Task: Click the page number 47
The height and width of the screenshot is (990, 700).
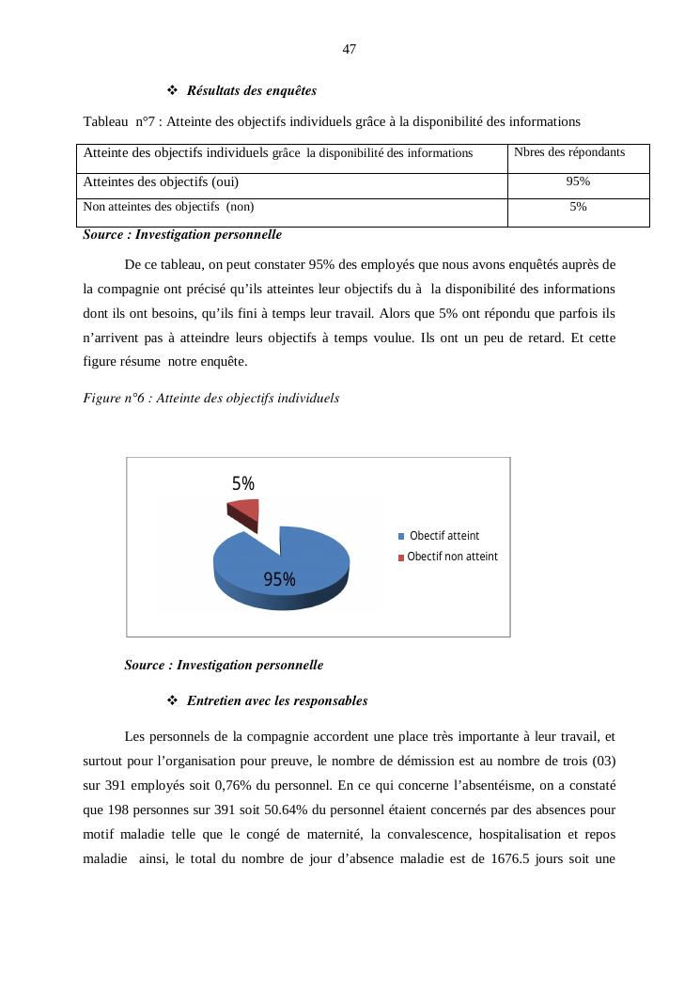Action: pyautogui.click(x=350, y=49)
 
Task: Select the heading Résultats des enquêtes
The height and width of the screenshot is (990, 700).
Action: pyautogui.click(x=251, y=91)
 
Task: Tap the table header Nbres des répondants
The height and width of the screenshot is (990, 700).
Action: pyautogui.click(x=569, y=152)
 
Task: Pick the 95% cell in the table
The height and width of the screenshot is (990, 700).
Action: pyautogui.click(x=578, y=181)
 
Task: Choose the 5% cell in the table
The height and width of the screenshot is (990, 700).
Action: pyautogui.click(x=578, y=207)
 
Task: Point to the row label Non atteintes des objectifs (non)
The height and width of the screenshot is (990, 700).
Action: pyautogui.click(x=169, y=207)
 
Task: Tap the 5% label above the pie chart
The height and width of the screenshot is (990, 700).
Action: pyautogui.click(x=243, y=483)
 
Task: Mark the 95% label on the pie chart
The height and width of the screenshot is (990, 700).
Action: pyautogui.click(x=279, y=580)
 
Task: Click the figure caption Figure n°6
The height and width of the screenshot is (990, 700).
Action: pyautogui.click(x=210, y=399)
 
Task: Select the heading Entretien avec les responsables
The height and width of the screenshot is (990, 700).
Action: pyautogui.click(x=276, y=701)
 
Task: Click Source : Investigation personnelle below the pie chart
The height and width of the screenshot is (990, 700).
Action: pyautogui.click(x=224, y=666)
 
